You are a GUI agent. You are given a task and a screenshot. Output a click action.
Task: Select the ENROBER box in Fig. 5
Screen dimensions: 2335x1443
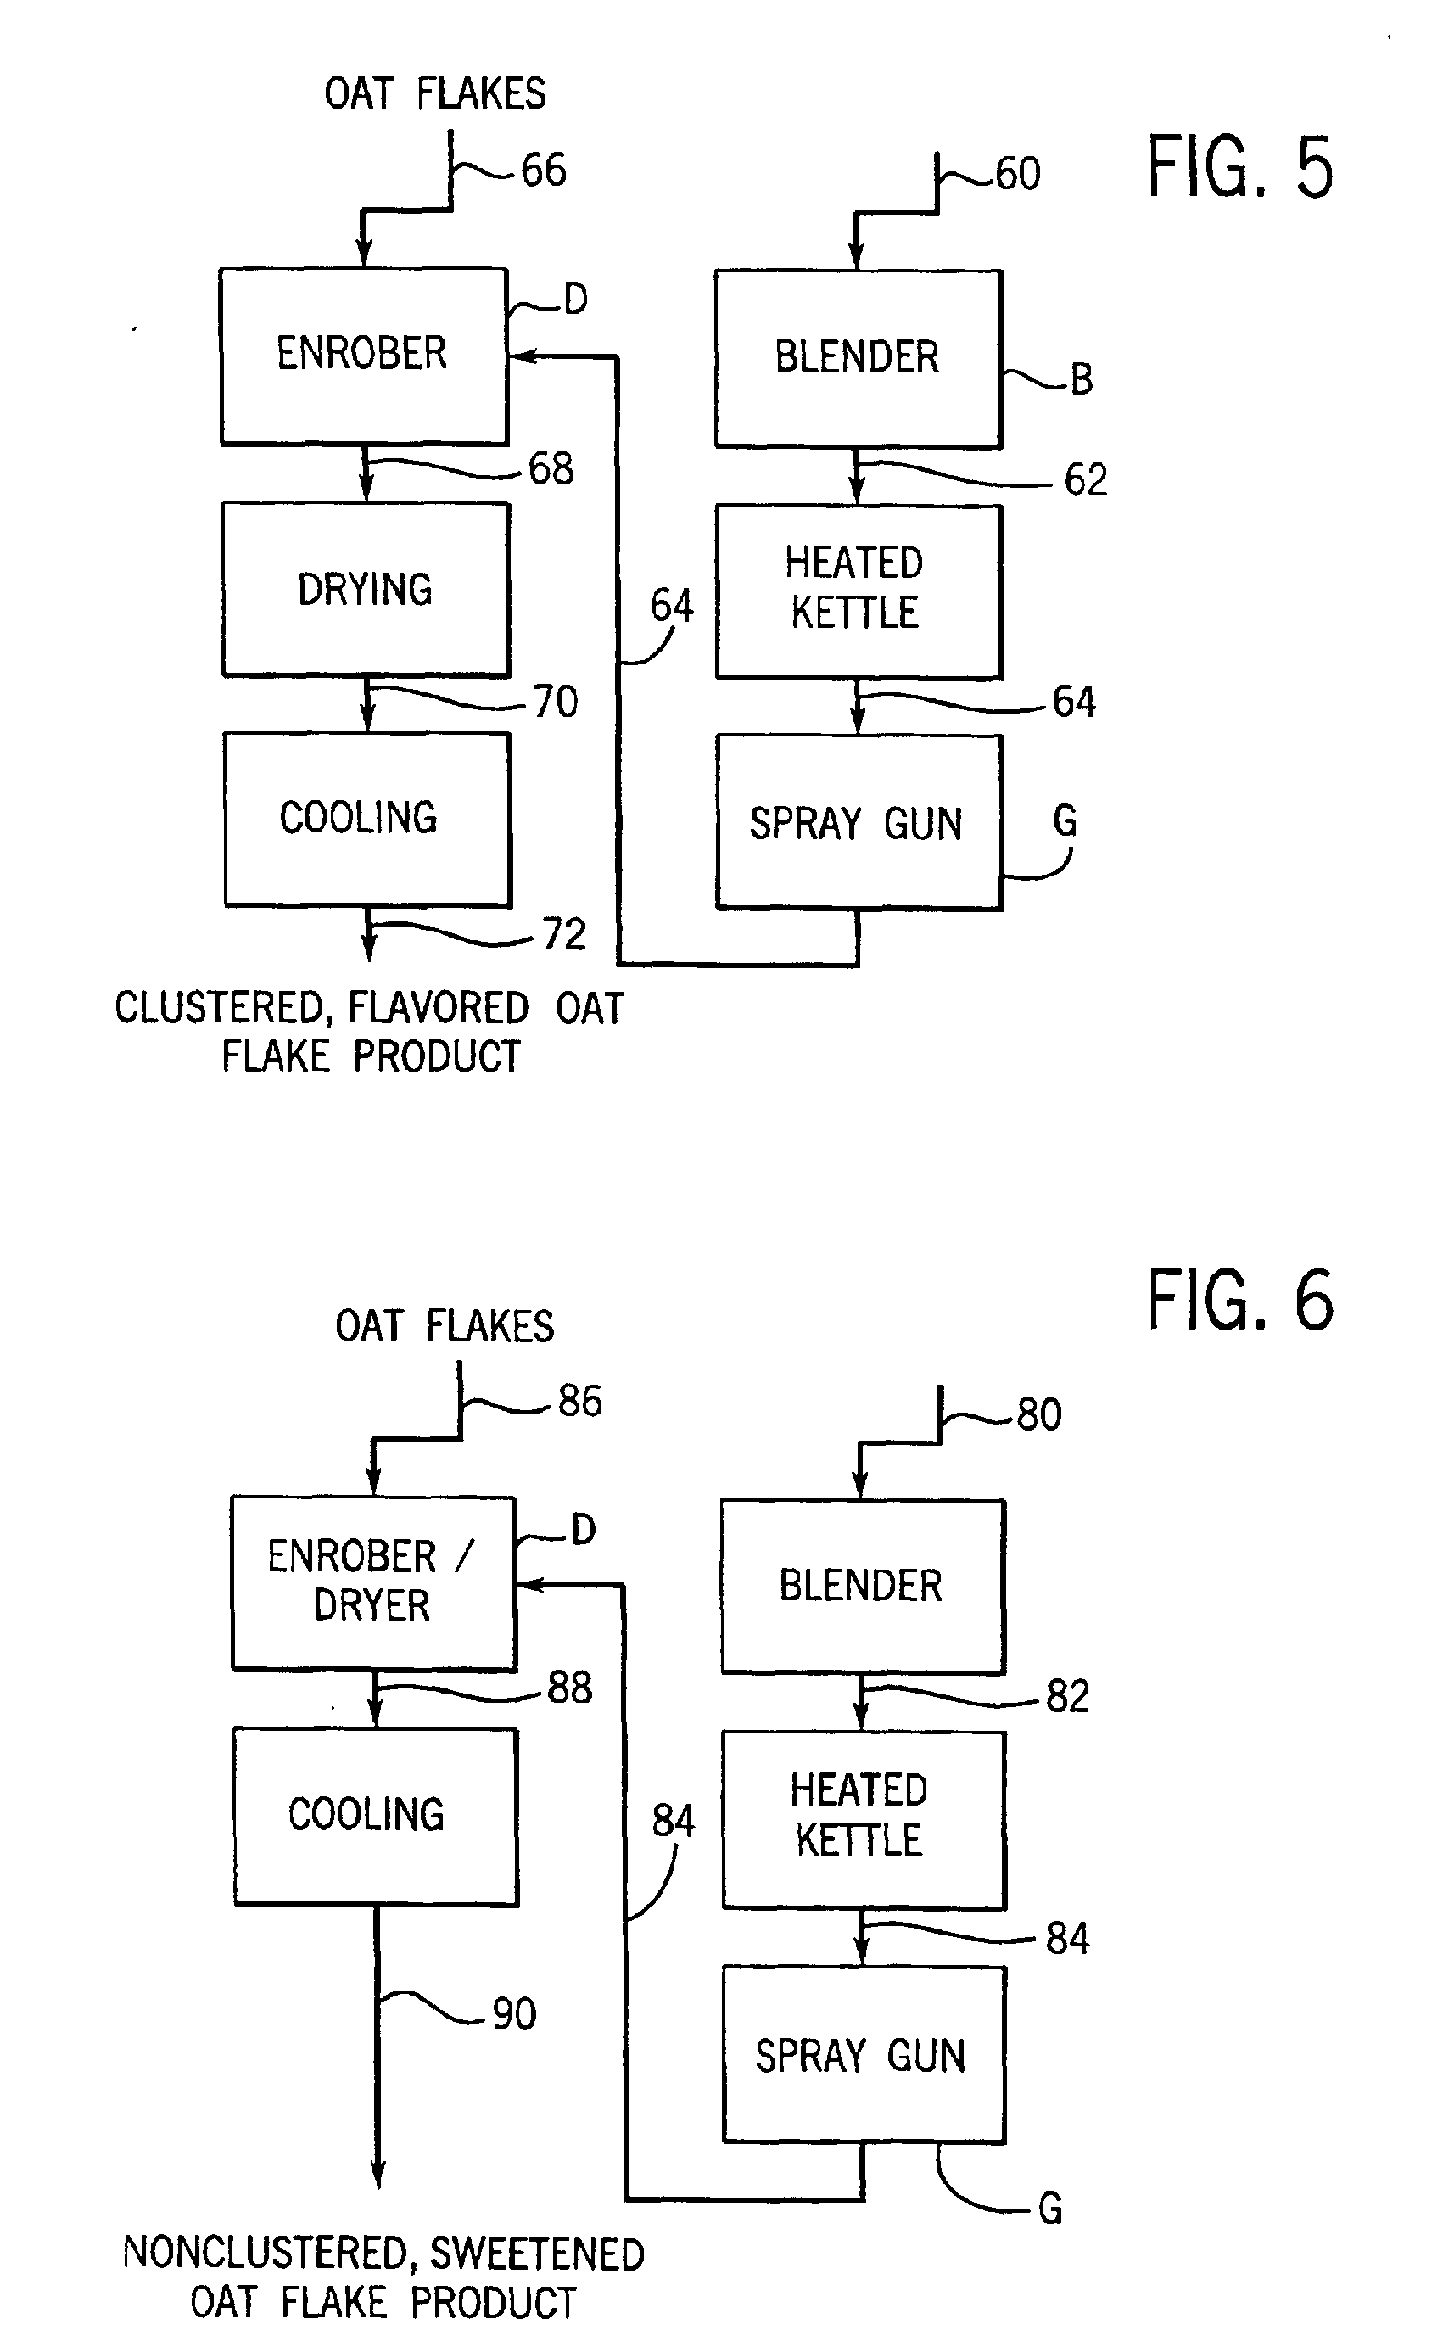click(363, 355)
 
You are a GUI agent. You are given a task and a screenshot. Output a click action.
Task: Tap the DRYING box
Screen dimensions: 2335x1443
click(366, 590)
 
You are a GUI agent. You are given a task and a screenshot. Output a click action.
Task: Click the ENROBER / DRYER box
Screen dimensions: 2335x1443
click(373, 1582)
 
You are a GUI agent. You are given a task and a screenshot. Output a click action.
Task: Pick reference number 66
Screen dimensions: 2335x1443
click(544, 170)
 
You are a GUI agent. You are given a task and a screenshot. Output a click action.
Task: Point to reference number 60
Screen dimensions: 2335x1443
click(1017, 175)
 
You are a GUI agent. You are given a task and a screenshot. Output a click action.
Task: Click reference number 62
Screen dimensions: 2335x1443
click(1085, 479)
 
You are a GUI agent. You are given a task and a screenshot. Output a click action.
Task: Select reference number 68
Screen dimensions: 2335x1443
click(551, 469)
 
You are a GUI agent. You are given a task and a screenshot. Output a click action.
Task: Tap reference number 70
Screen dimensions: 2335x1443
click(556, 703)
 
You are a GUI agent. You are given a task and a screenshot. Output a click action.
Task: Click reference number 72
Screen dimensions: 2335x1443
click(564, 934)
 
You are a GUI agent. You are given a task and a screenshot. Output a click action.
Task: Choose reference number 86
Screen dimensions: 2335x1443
click(580, 1401)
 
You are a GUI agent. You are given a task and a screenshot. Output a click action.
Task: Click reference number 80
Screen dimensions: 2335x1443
click(1038, 1414)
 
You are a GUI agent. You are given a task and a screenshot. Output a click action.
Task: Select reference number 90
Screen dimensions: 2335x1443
click(513, 2013)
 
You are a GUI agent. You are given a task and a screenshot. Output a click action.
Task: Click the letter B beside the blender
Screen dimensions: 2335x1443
click(1082, 380)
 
